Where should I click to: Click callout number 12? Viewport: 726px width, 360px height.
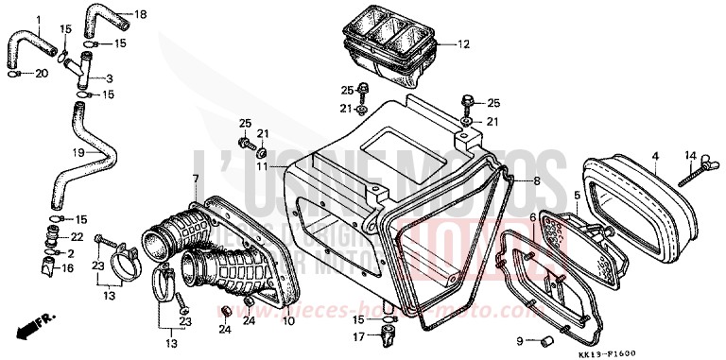pyautogui.click(x=463, y=44)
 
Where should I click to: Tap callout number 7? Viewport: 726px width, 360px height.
pyautogui.click(x=196, y=179)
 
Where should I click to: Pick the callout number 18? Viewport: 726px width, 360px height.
pyautogui.click(x=142, y=14)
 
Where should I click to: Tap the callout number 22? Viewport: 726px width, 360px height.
pyautogui.click(x=78, y=236)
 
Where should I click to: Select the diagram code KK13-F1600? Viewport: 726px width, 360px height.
pyautogui.click(x=674, y=349)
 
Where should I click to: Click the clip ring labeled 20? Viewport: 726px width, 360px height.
pyautogui.click(x=15, y=73)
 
